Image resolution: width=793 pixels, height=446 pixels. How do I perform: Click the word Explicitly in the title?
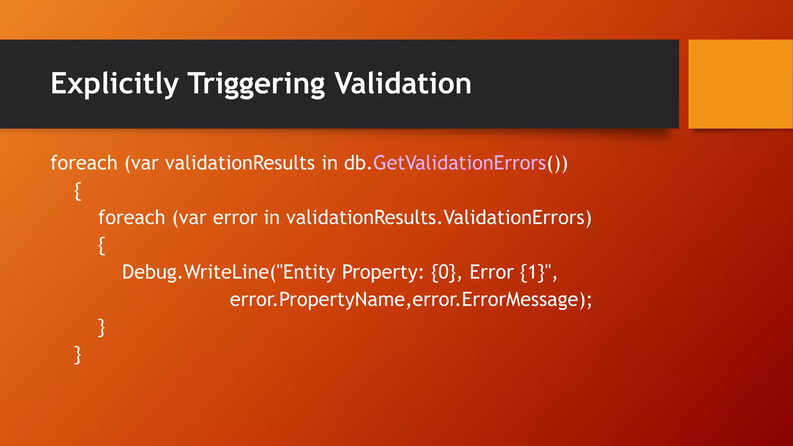(115, 84)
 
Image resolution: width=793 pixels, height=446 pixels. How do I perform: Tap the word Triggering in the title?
(256, 84)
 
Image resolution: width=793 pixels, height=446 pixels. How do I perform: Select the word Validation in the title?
(403, 84)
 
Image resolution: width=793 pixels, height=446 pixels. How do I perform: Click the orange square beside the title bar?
(740, 84)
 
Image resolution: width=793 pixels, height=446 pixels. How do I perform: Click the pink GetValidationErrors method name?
(459, 163)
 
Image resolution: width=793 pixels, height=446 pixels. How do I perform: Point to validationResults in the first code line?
(240, 163)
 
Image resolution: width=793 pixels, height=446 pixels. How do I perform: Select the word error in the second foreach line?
(235, 218)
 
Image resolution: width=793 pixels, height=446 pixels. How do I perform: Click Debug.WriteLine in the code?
(195, 272)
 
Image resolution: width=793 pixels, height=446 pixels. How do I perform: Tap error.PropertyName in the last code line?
(317, 300)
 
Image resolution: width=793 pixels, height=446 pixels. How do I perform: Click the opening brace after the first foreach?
(78, 191)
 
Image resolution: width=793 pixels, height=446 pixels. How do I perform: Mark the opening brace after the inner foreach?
(101, 245)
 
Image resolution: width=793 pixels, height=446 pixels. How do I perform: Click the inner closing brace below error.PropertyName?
(101, 328)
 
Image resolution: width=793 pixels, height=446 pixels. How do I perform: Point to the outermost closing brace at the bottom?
(78, 355)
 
